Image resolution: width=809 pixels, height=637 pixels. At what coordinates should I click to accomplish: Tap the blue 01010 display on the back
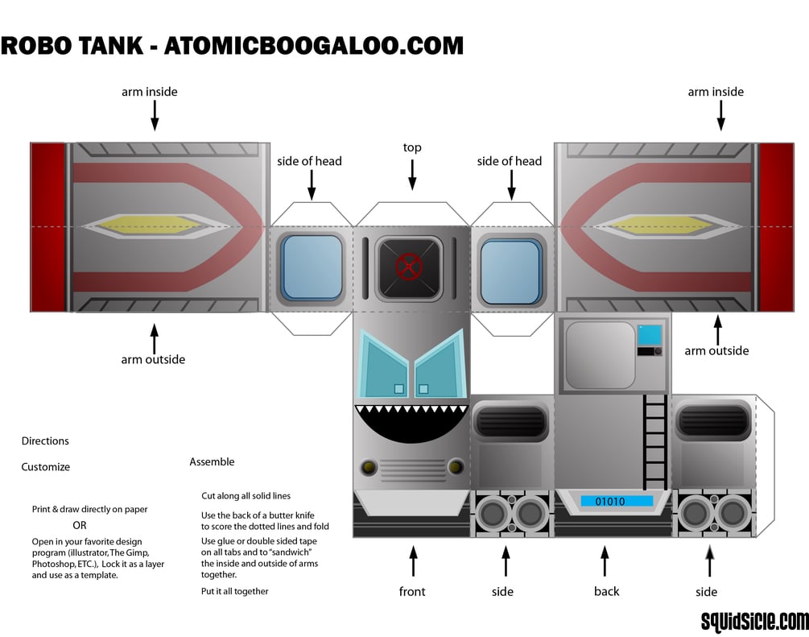[617, 501]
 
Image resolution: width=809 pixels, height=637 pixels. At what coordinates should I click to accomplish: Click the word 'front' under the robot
[413, 591]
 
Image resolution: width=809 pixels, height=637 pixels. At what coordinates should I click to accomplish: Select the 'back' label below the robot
[606, 591]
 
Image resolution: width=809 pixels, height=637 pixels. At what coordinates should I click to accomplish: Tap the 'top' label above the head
[412, 147]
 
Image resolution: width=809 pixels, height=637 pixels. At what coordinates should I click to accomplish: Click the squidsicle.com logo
[753, 620]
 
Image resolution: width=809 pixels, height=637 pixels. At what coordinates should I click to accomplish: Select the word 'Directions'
[45, 441]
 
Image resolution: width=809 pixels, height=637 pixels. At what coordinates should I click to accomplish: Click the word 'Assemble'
[212, 461]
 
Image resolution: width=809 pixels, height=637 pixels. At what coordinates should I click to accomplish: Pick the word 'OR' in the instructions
[80, 525]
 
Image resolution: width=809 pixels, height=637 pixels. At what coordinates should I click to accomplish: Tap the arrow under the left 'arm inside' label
[154, 118]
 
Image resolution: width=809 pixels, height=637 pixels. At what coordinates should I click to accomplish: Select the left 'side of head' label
[309, 161]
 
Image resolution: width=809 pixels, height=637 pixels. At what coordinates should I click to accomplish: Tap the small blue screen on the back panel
[650, 334]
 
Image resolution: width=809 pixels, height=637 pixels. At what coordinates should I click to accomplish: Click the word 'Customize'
[46, 466]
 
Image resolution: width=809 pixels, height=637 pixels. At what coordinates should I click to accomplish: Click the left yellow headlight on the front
[369, 466]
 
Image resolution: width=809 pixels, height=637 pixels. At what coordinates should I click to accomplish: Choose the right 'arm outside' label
[716, 350]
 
